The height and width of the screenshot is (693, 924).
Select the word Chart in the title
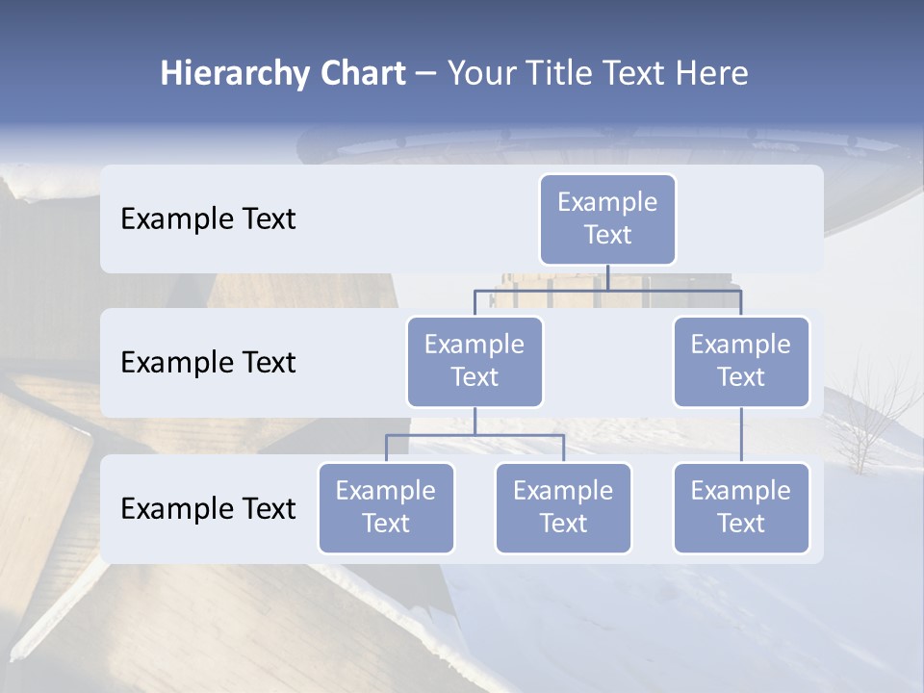coord(363,74)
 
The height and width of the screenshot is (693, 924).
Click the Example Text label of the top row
coord(208,219)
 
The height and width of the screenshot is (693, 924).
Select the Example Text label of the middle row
coord(208,363)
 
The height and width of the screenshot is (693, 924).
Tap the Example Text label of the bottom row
coord(208,509)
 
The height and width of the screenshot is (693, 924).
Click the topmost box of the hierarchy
coord(607,219)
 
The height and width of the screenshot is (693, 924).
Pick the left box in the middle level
coord(475,362)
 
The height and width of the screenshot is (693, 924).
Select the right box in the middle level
coord(741,362)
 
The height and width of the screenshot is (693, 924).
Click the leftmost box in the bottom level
coord(386,508)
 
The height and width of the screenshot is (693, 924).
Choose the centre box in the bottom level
coord(563,508)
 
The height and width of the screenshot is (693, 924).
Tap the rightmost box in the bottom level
coord(741,508)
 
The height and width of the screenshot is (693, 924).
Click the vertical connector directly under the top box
coord(607,277)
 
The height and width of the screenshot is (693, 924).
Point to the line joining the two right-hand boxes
coord(741,435)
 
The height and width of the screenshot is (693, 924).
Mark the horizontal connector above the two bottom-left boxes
coord(475,435)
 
